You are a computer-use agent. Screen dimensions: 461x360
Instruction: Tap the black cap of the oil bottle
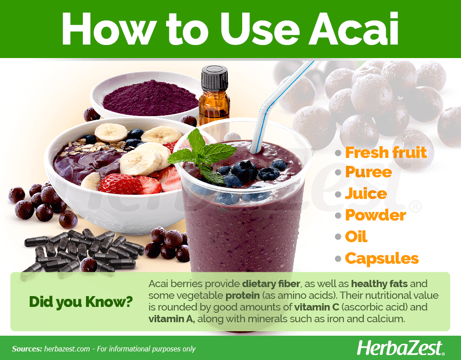point(214,78)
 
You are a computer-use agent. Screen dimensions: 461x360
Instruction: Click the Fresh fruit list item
point(386,153)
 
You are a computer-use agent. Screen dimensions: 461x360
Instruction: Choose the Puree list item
point(368,172)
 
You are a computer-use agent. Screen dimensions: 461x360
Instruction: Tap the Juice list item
point(366,193)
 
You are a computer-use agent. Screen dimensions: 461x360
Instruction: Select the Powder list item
point(375,215)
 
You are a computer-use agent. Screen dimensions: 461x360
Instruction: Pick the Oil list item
point(356,237)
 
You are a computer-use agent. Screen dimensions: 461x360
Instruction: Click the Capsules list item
point(382,259)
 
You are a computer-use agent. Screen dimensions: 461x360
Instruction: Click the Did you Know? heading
point(81,302)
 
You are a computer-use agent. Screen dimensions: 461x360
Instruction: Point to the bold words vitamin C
point(316,307)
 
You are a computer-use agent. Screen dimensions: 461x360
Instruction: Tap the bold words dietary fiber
point(271,284)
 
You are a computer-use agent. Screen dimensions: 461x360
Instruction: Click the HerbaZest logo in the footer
point(401,349)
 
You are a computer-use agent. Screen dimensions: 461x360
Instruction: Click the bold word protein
point(243,296)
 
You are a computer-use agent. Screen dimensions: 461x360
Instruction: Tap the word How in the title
point(109,28)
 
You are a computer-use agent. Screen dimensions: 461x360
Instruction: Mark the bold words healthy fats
point(379,284)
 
